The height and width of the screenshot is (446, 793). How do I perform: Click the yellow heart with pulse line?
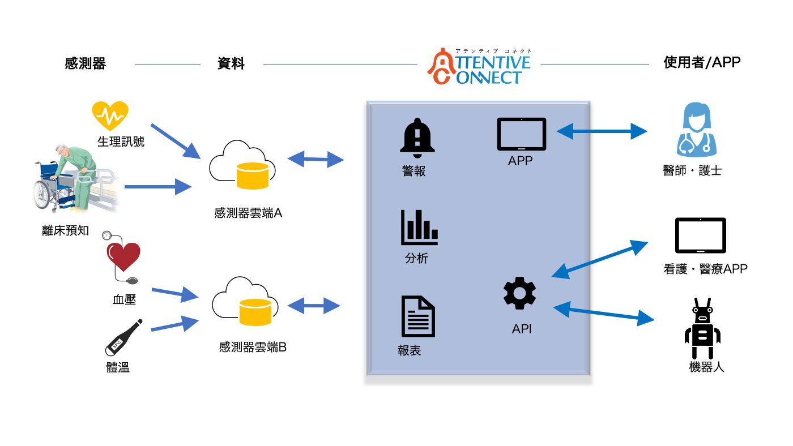pos(110,115)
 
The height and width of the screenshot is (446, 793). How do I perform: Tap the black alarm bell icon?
pos(417,138)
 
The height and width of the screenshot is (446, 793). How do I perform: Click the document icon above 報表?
pos(418,316)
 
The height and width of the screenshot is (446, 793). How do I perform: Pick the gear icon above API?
pos(520,293)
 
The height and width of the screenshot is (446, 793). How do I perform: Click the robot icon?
pos(702,328)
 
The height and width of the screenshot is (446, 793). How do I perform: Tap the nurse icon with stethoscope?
pos(696,130)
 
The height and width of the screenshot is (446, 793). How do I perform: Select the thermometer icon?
pos(123,337)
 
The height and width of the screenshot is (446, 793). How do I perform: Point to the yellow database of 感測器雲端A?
pos(253,176)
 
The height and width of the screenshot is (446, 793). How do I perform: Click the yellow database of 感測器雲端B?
pos(255,312)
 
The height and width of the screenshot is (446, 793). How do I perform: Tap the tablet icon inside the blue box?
pos(522,134)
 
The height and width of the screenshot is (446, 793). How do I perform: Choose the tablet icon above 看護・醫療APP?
pos(701,235)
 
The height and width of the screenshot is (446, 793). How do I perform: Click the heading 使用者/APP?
pos(702,62)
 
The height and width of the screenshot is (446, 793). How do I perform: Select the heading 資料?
pos(231,63)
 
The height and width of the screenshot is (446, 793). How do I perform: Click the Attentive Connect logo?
pos(479,66)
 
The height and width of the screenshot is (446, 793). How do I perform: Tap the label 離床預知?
pos(66,230)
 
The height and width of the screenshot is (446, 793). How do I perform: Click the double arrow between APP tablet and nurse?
pos(602,131)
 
